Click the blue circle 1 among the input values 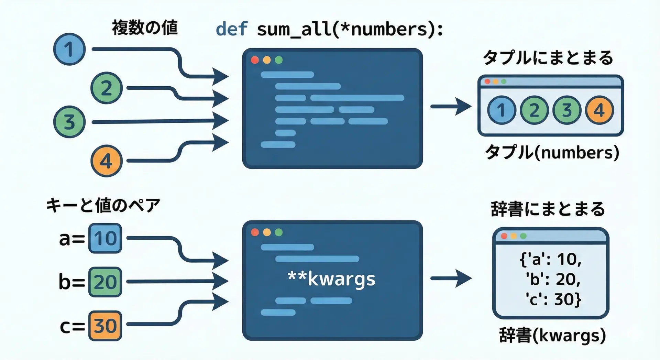click(69, 49)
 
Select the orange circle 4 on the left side click(107, 161)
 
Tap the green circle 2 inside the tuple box click(534, 110)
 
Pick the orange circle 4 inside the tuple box click(599, 110)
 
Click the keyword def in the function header click(231, 29)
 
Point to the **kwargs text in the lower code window click(331, 279)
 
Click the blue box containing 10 click(105, 238)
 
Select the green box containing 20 click(105, 282)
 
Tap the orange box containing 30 click(105, 326)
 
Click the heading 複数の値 click(145, 28)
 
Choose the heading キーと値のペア click(103, 206)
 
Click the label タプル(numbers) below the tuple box click(552, 152)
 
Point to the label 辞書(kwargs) click(552, 335)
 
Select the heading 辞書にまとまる click(548, 209)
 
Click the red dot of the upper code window click(255, 60)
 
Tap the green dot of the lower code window click(279, 232)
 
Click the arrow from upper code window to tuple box click(451, 107)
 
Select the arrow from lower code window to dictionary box click(451, 278)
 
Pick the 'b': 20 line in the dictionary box click(552, 279)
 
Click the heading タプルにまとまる click(548, 58)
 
